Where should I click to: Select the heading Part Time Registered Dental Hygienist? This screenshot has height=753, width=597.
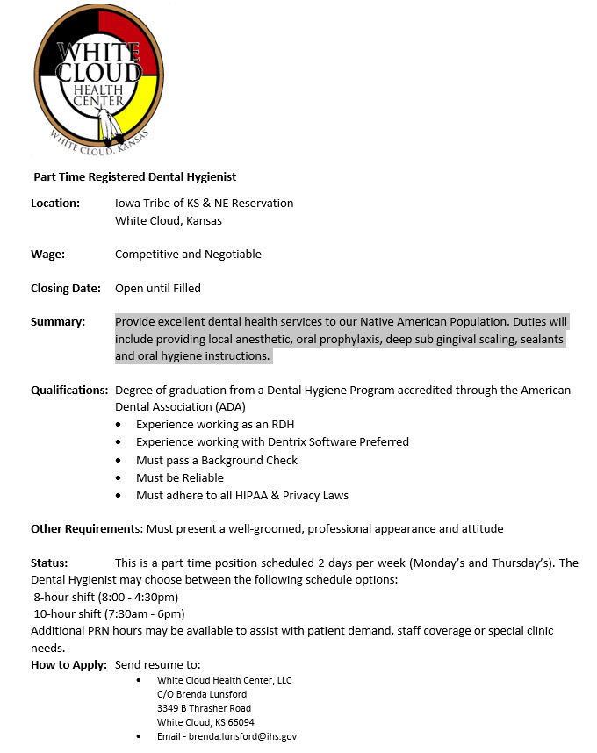pos(134,177)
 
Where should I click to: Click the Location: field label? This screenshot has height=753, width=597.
pos(55,204)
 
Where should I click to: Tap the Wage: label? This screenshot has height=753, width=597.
pos(47,255)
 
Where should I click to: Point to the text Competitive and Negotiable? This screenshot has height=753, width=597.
pos(188,255)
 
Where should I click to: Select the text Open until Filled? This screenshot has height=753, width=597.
pos(158,288)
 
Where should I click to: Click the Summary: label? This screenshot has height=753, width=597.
pos(58,322)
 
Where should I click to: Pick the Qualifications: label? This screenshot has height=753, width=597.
pos(69,390)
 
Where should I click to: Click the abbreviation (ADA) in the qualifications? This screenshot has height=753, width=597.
pos(229,407)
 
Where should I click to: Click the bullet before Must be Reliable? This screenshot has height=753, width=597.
pos(119,478)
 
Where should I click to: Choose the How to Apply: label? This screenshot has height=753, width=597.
pos(68,664)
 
